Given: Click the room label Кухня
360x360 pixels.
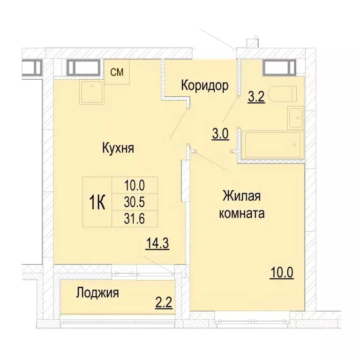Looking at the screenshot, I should pos(119,149).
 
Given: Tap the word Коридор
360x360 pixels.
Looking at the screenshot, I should pos(204,86).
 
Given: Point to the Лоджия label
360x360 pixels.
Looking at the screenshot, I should pos(97,293).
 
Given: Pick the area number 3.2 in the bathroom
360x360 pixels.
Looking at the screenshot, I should pos(256,98).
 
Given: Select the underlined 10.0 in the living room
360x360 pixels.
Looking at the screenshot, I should pos(281,272).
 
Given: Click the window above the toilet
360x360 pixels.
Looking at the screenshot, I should pos(280,67).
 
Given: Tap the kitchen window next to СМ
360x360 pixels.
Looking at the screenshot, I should pos(83,67).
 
